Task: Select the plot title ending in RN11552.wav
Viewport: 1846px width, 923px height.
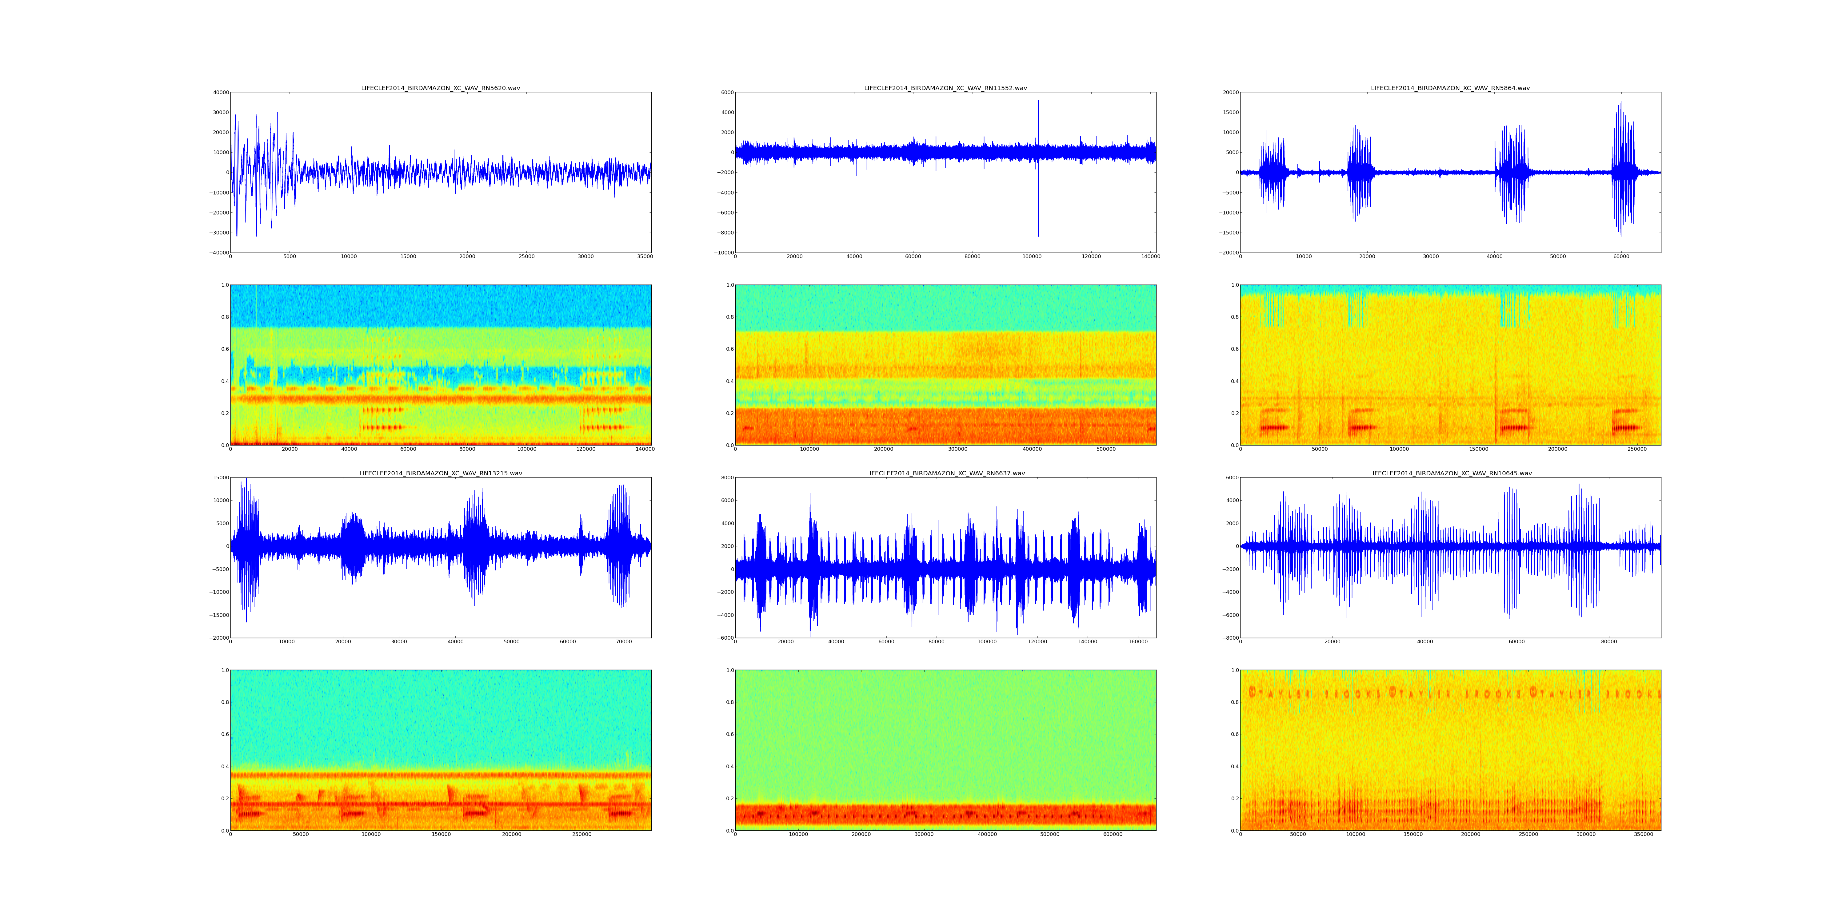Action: (945, 88)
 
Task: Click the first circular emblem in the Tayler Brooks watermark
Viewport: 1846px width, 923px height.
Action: (1252, 692)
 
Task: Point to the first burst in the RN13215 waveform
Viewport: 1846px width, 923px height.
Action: (247, 546)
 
